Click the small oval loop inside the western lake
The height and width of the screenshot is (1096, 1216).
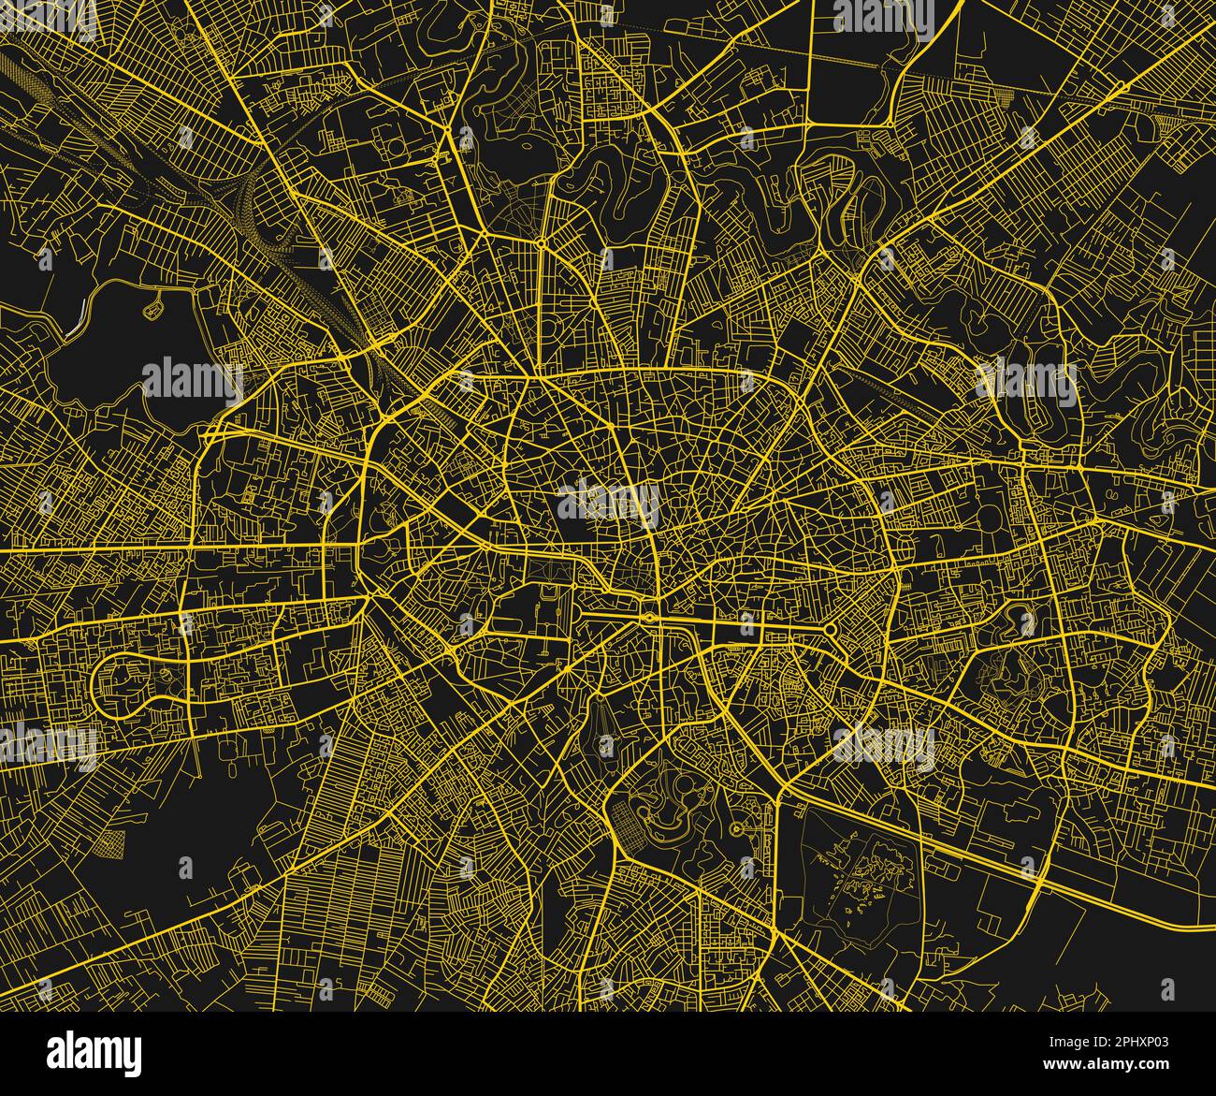[154, 301]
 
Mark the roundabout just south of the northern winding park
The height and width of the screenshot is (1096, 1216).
[542, 242]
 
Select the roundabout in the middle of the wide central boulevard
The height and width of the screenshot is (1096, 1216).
[647, 618]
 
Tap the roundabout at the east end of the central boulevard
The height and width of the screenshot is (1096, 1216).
[829, 628]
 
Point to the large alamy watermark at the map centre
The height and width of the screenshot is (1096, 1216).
[608, 499]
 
